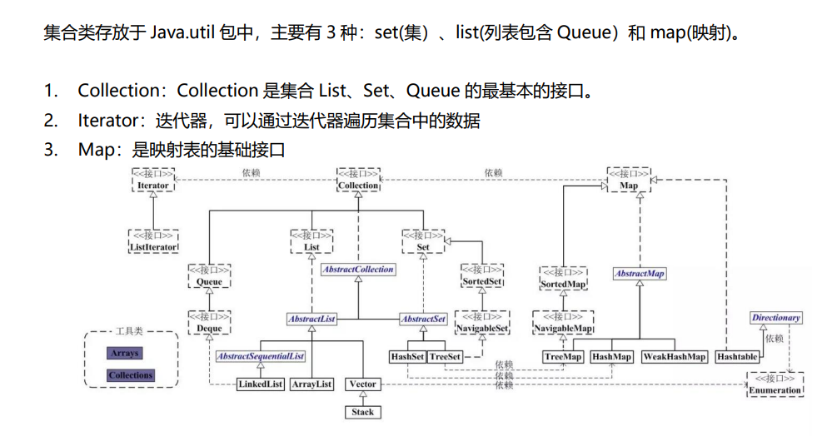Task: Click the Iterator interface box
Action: click(153, 180)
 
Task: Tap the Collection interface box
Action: click(358, 180)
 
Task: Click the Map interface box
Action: click(629, 180)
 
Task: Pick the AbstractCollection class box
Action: click(358, 270)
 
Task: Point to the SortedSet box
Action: click(482, 276)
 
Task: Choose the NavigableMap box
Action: click(563, 324)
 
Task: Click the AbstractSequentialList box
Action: click(260, 356)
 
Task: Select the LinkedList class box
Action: click(261, 384)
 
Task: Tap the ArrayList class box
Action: click(312, 384)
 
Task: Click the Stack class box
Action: click(363, 412)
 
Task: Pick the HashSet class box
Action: click(407, 356)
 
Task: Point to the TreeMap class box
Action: click(563, 356)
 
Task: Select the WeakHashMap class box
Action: click(675, 356)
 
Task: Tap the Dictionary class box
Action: click(775, 318)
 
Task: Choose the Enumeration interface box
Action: click(775, 384)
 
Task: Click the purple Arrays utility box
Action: click(125, 354)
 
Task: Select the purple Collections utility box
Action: click(131, 375)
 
